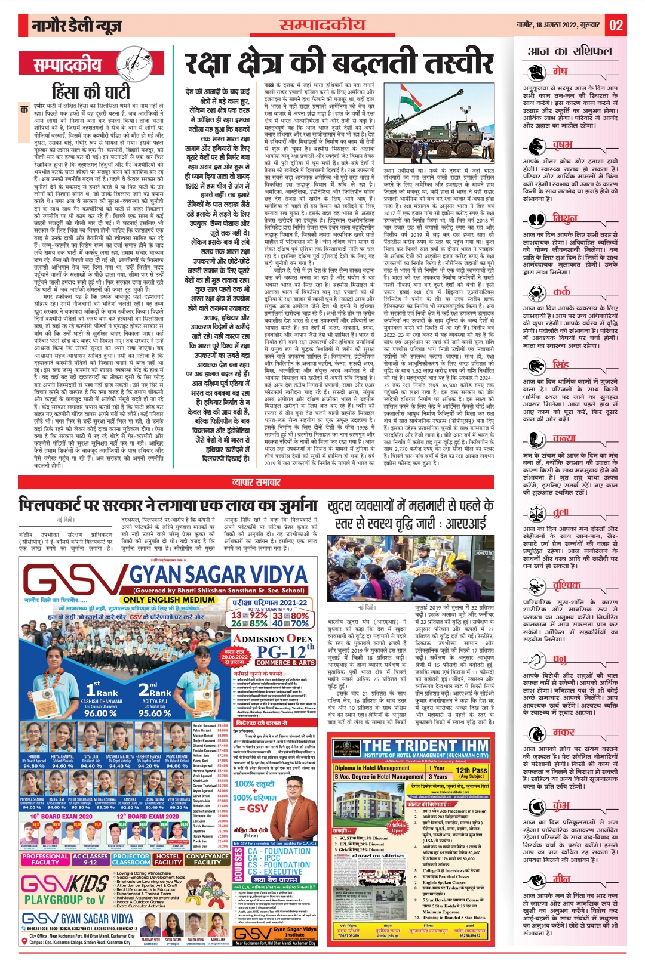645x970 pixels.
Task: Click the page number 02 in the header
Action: pyautogui.click(x=616, y=25)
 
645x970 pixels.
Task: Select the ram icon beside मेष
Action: pyautogui.click(x=537, y=74)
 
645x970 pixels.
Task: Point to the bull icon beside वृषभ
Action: pyautogui.click(x=537, y=147)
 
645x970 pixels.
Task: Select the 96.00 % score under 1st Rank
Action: pyautogui.click(x=100, y=713)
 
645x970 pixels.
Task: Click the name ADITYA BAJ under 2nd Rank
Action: pyautogui.click(x=154, y=702)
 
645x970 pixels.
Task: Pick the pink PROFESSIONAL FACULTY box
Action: pyautogui.click(x=45, y=859)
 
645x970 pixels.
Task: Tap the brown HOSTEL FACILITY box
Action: pyautogui.click(x=168, y=859)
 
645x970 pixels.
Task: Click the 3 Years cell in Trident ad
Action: pyautogui.click(x=440, y=777)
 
